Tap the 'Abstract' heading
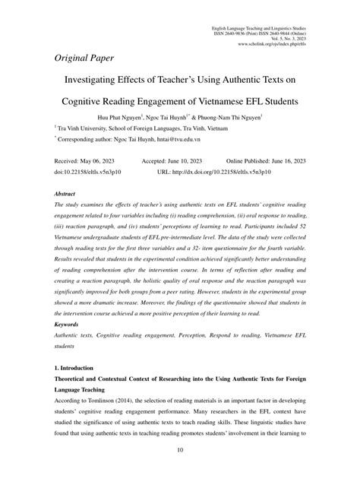pos(66,195)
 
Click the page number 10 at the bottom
pos(180,471)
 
